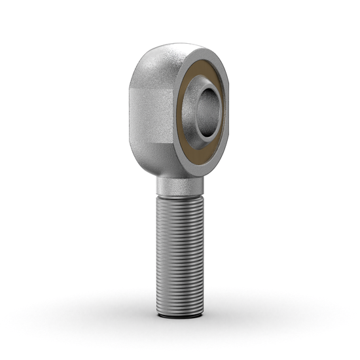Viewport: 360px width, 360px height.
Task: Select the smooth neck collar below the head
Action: click(x=179, y=187)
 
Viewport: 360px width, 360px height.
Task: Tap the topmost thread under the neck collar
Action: click(x=179, y=198)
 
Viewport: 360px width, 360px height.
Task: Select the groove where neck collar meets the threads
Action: click(x=179, y=194)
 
